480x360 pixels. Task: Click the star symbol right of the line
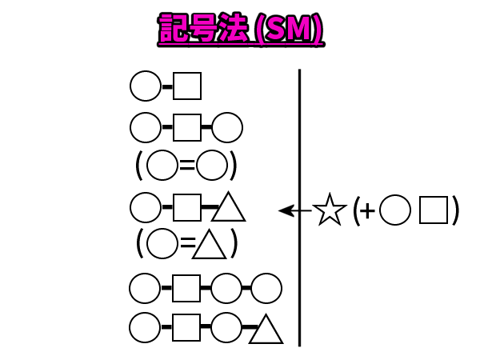click(329, 210)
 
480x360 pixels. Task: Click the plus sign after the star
click(366, 211)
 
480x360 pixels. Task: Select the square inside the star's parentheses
click(434, 210)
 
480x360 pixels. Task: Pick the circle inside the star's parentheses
click(394, 210)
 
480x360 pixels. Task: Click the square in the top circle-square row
click(187, 86)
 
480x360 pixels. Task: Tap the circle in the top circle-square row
click(146, 86)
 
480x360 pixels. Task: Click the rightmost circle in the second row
click(227, 127)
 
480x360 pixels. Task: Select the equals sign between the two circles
click(187, 166)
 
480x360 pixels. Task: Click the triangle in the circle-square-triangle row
click(230, 209)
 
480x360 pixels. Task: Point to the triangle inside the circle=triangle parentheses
click(210, 245)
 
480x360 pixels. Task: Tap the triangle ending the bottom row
click(266, 330)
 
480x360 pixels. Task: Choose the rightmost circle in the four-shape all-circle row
click(266, 287)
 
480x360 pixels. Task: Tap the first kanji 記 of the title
click(172, 30)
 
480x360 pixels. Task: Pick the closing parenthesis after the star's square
click(454, 210)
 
